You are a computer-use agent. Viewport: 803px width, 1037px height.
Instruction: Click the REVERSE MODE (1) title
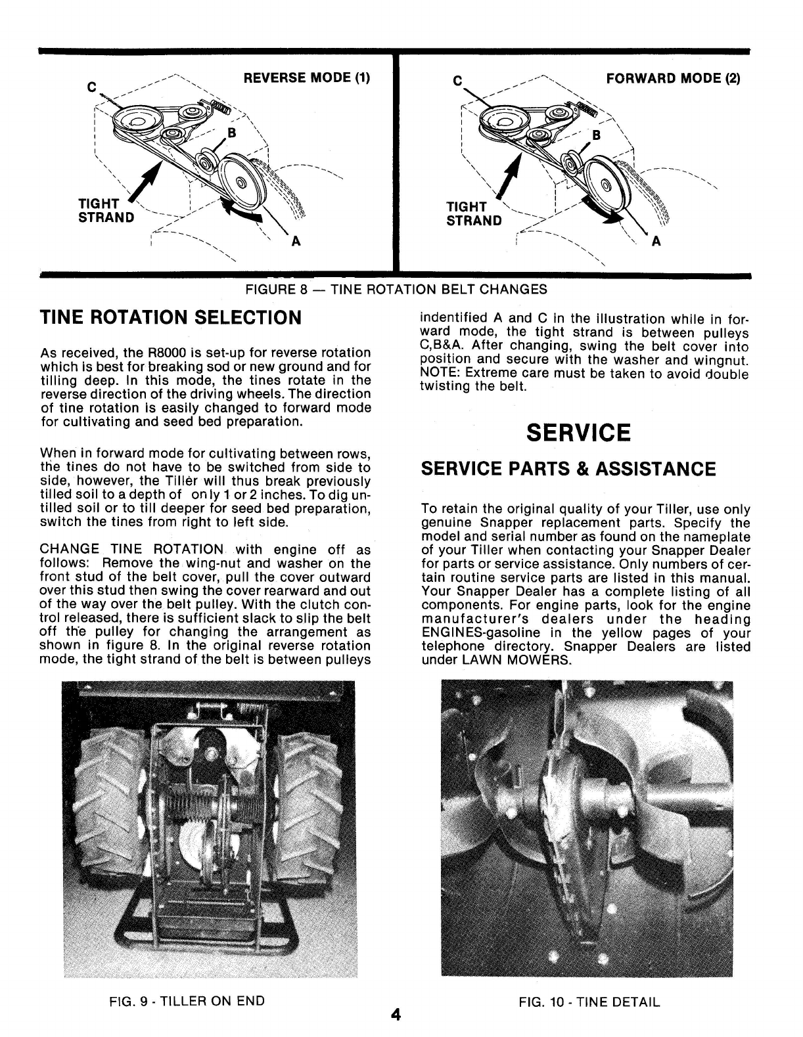coord(307,78)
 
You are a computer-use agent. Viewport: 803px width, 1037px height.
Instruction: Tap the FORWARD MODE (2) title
coord(673,79)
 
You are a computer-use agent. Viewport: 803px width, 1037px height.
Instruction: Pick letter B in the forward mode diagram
coord(597,136)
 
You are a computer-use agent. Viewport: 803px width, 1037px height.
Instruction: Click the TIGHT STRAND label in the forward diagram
coord(474,213)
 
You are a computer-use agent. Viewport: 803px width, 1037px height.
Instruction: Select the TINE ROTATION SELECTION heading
coord(171,318)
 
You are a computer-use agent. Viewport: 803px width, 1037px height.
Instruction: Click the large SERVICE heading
coord(578,433)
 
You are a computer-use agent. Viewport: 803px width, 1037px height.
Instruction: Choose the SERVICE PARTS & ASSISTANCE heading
coord(568,469)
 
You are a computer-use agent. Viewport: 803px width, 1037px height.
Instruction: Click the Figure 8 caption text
coord(396,289)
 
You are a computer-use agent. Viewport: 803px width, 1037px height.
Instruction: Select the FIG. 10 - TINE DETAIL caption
coord(589,1002)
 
